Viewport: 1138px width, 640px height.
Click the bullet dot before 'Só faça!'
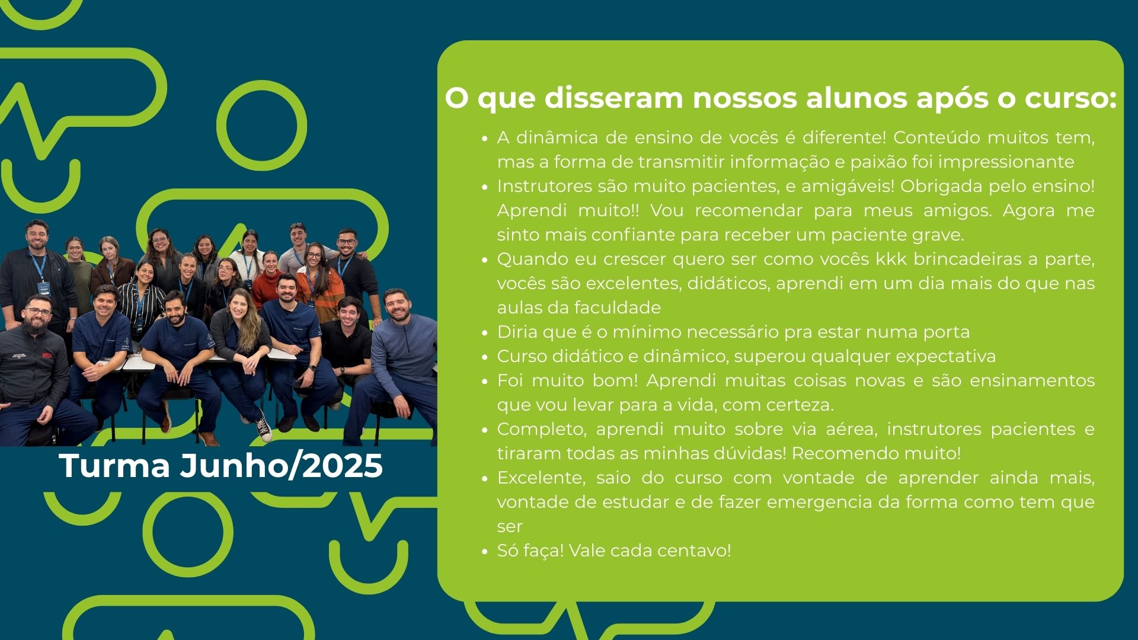[x=484, y=552]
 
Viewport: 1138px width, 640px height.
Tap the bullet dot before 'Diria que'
[x=484, y=333]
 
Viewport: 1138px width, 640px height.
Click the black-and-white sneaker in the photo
[x=264, y=428]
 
